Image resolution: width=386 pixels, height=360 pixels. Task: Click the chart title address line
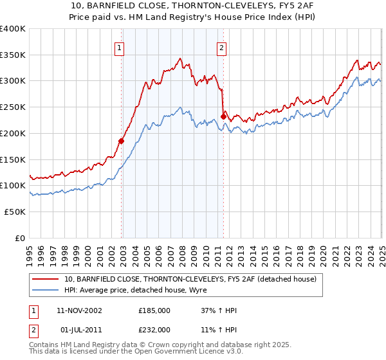pyautogui.click(x=192, y=6)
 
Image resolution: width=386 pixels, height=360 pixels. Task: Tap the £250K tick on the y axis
pyautogui.click(x=13, y=107)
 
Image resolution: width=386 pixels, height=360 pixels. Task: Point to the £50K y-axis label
pyautogui.click(x=15, y=212)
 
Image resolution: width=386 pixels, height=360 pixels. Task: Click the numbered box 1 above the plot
pyautogui.click(x=120, y=47)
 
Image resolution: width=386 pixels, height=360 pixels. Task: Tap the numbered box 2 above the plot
pyautogui.click(x=221, y=47)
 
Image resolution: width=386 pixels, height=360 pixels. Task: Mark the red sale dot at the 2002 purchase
pyautogui.click(x=121, y=141)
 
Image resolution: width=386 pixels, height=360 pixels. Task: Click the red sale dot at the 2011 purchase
pyautogui.click(x=223, y=116)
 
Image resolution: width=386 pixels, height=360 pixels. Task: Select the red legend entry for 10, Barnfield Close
pyautogui.click(x=190, y=279)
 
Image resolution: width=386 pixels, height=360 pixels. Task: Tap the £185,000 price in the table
pyautogui.click(x=154, y=310)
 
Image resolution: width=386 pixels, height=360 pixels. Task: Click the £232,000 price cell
pyautogui.click(x=154, y=329)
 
